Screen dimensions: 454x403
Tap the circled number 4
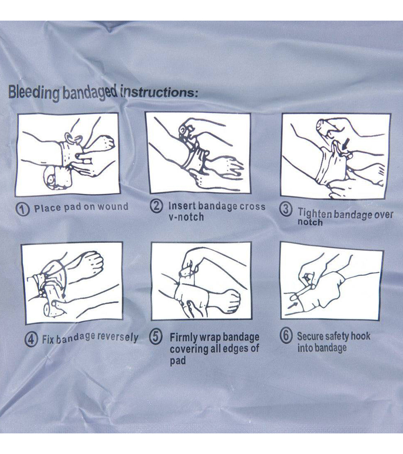coord(31,340)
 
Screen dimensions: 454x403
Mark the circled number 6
coord(286,335)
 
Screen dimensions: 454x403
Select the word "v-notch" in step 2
coord(186,217)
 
